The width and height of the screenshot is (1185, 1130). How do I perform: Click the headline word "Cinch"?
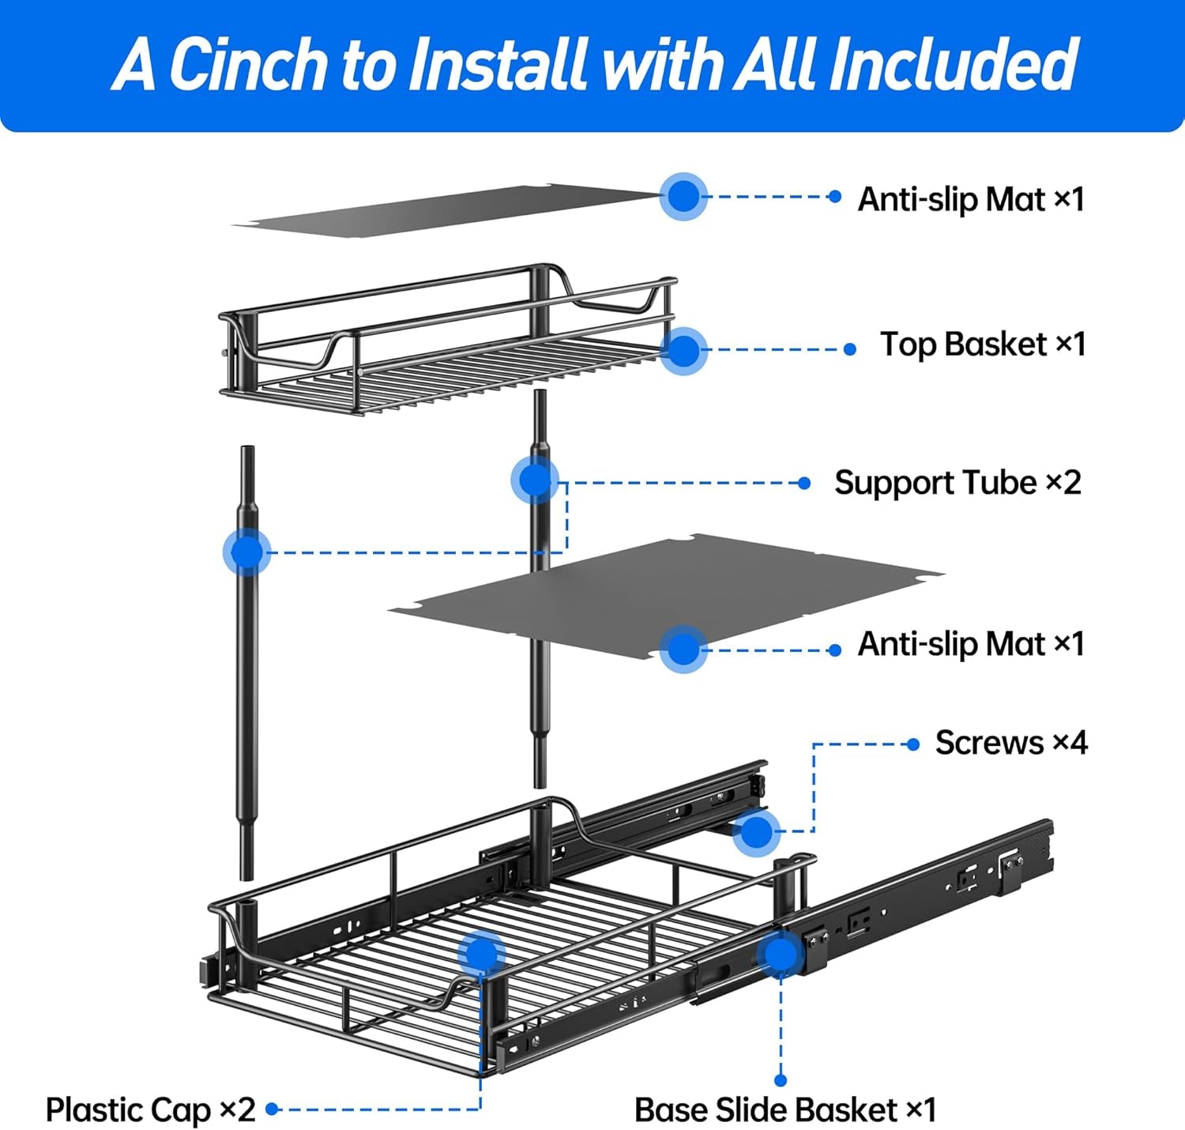(x=248, y=64)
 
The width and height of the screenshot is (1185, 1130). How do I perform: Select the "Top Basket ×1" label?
(x=983, y=345)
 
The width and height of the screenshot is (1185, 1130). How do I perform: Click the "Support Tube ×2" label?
(x=957, y=482)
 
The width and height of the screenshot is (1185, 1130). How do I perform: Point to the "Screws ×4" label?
(x=1011, y=743)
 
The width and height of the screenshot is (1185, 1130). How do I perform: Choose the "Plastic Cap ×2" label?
(x=150, y=1109)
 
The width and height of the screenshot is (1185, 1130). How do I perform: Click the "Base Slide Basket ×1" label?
(x=785, y=1109)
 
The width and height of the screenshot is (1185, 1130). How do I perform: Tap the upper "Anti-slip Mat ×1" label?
(x=971, y=199)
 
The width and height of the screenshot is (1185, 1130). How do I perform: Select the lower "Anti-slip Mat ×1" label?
(x=971, y=644)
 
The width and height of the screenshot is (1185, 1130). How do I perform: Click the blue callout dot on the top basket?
(x=683, y=350)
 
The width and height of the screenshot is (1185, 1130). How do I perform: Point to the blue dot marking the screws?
(x=757, y=831)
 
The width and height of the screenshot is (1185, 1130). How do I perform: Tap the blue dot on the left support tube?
(x=247, y=552)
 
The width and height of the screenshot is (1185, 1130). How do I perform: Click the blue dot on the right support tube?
(x=535, y=480)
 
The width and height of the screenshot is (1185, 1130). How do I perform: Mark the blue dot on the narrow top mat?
(x=683, y=196)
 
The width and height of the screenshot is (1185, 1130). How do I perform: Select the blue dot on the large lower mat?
(x=683, y=650)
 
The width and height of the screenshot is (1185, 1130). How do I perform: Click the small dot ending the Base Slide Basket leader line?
(x=781, y=1080)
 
